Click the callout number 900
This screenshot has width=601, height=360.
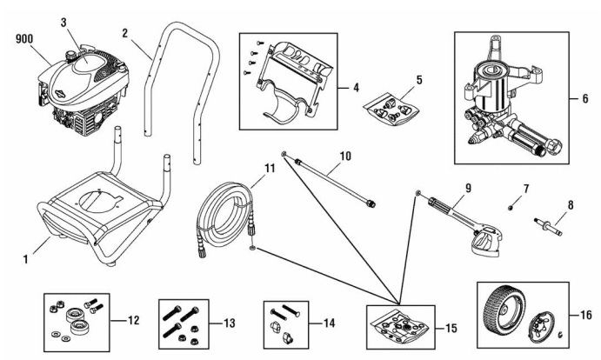click(23, 39)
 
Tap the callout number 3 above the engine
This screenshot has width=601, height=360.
click(63, 22)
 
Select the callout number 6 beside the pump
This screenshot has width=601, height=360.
click(585, 97)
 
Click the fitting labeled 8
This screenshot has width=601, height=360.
click(548, 228)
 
